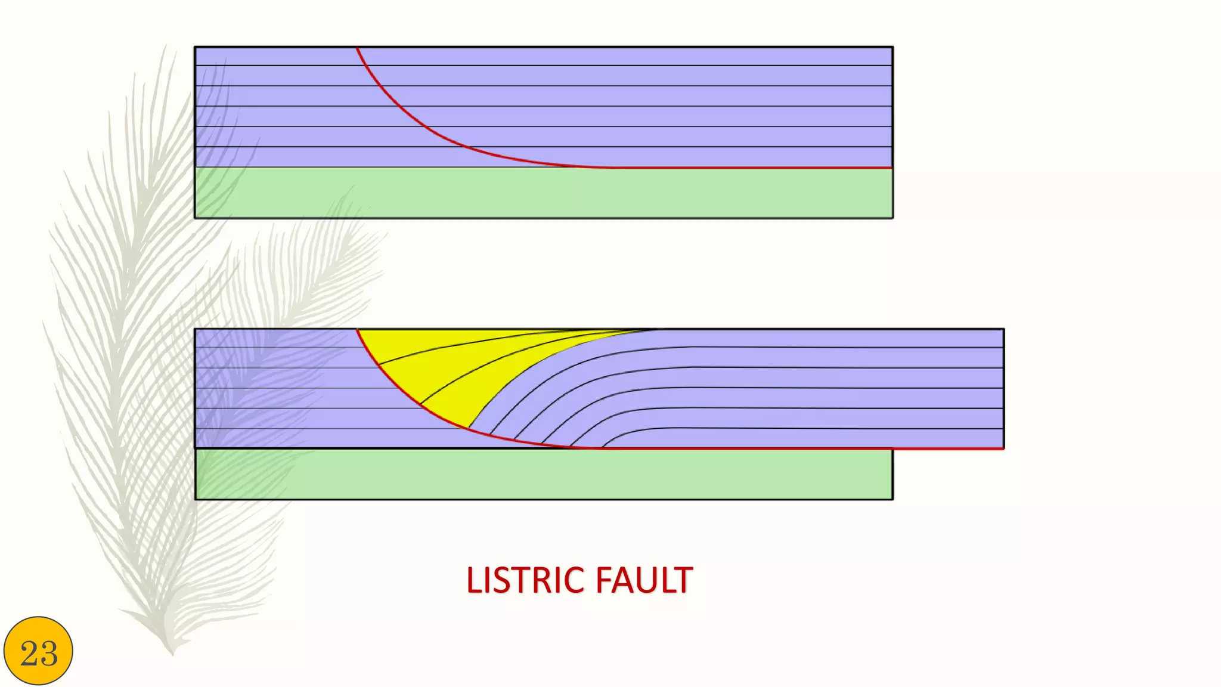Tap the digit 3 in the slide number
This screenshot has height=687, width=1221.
(x=49, y=654)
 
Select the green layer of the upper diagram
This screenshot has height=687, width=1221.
(x=543, y=193)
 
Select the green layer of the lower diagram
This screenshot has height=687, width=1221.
(x=543, y=474)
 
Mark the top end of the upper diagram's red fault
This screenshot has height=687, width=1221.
(x=357, y=48)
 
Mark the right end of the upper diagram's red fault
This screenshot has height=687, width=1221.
(x=891, y=168)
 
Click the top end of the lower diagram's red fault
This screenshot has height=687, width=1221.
(x=357, y=329)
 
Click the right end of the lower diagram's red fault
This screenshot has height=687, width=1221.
(x=1003, y=448)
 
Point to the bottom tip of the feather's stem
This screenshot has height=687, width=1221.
(x=172, y=654)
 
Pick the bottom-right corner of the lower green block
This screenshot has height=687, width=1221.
(x=892, y=499)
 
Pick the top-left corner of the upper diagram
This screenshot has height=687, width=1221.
(x=195, y=47)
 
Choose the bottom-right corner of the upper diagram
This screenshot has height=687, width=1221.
(x=892, y=218)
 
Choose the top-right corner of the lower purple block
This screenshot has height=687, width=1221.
(x=1004, y=329)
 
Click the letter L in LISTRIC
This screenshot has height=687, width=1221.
(x=473, y=580)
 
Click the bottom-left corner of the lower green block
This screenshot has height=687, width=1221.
(x=196, y=499)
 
